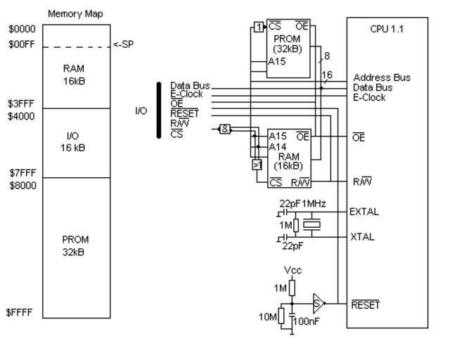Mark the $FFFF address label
coord(20,314)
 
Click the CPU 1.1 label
coord(386,31)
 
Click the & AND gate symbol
coord(224,129)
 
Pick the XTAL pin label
coord(363,238)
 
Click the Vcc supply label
coord(293,269)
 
